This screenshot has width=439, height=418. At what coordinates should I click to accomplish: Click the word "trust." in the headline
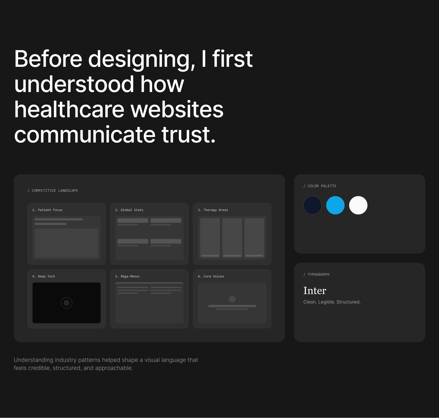tap(188, 134)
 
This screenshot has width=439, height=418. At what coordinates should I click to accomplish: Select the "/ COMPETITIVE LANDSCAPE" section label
tap(53, 191)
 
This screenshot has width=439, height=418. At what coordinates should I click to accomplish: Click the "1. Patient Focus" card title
tap(47, 210)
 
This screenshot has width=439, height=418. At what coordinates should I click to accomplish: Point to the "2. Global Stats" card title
tap(129, 210)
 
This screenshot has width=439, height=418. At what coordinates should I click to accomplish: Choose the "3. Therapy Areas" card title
tap(213, 210)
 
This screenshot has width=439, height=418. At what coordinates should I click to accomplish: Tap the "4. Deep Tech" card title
tap(43, 276)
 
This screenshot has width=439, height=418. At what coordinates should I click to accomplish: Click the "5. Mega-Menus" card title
tap(127, 276)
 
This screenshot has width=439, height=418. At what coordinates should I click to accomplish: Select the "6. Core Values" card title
tap(211, 276)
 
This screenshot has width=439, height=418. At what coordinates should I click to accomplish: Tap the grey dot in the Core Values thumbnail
tap(232, 299)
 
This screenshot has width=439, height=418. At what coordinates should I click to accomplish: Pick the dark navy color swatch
tap(313, 205)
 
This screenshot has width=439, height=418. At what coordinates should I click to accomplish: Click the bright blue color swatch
tap(335, 205)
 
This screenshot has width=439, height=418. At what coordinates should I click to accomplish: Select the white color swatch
tap(358, 205)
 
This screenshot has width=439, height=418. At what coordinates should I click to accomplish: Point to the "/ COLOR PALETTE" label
tap(320, 186)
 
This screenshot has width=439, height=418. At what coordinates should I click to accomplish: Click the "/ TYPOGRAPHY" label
tap(317, 275)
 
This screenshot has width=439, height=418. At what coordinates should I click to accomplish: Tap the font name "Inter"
tap(315, 290)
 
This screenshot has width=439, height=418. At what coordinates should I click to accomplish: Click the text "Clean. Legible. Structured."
tap(332, 302)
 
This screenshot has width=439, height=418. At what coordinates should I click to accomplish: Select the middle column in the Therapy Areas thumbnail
tap(232, 238)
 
